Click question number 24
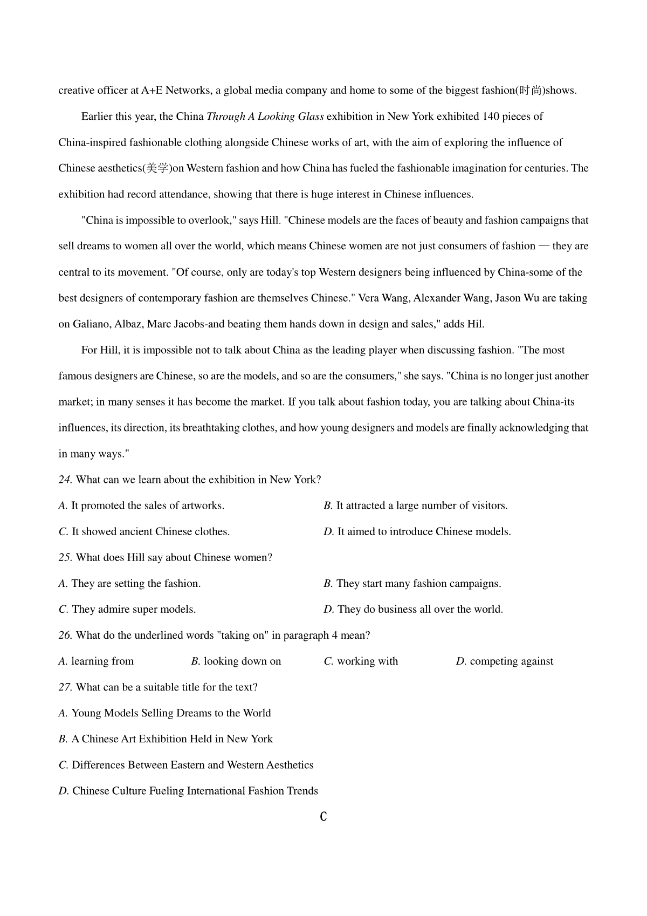(65, 480)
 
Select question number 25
(65, 557)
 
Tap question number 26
(65, 635)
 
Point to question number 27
(65, 687)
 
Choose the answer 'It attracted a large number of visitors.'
(422, 505)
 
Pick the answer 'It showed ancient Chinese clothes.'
(150, 531)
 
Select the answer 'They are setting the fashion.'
(136, 583)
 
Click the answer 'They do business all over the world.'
(420, 609)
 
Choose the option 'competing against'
(511, 661)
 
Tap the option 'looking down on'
(242, 661)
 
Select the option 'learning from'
(102, 661)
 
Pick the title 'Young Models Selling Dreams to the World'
(171, 713)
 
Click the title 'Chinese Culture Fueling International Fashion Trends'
(195, 790)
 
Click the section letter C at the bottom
(323, 817)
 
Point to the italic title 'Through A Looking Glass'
(265, 117)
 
